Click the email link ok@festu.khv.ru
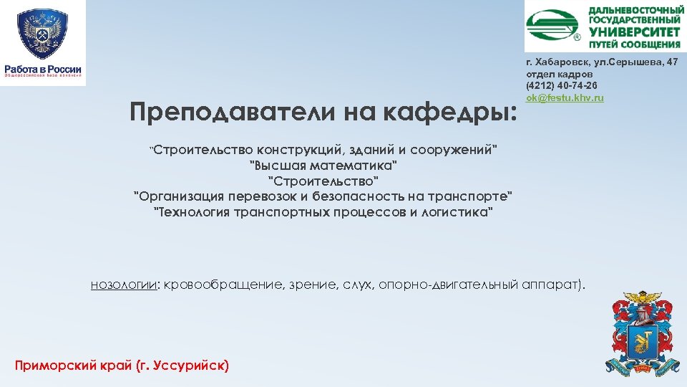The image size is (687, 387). pos(565,97)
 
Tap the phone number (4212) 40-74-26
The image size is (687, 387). pos(562,85)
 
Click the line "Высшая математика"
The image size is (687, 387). pos(323,166)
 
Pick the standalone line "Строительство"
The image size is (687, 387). pos(323,181)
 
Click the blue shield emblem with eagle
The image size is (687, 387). pos(43,34)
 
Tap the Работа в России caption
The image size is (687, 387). pos(43,70)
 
